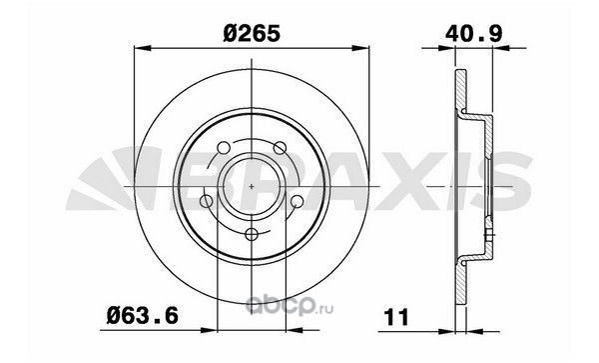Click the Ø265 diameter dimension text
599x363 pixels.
point(253,34)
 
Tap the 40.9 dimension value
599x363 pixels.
point(473,34)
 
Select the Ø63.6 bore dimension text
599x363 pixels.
point(143,316)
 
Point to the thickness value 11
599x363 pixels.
point(396,317)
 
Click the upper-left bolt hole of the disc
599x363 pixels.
point(224,148)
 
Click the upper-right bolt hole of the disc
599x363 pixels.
point(280,148)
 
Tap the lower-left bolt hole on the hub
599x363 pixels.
point(207,201)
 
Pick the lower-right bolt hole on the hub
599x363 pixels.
point(297,201)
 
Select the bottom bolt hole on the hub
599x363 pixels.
point(252,234)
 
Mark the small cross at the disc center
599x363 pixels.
point(252,186)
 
